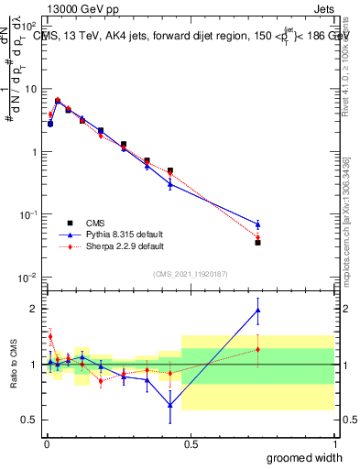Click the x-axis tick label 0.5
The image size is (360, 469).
coord(191,444)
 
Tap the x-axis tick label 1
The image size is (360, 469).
coord(334,444)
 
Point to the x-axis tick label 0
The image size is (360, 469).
coord(47,444)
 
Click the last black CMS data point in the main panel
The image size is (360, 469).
coord(257,243)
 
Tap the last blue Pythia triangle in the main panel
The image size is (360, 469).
coord(257,224)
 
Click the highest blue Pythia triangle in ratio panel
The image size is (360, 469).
coord(257,311)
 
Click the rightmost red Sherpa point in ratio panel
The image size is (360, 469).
coord(257,349)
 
